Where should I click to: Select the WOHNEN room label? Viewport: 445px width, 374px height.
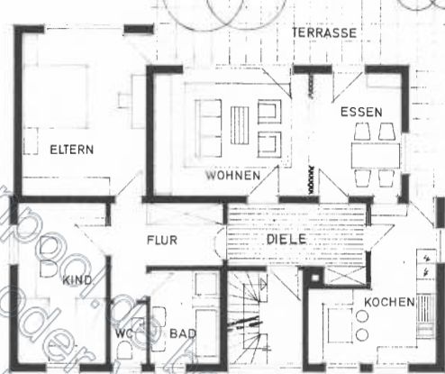point(232,175)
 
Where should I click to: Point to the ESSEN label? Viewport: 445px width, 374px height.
point(361,112)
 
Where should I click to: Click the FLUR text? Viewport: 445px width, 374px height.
point(163,240)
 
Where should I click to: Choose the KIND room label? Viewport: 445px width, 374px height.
point(77,281)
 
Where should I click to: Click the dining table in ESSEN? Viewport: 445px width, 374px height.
point(377,151)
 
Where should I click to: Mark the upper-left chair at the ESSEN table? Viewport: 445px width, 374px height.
point(363,132)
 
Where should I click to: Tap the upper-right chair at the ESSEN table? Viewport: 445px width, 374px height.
point(388,132)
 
